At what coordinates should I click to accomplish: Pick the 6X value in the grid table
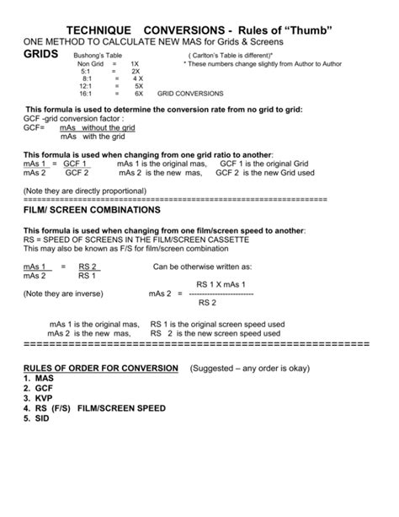[139, 93]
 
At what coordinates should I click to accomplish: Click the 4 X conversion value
[137, 78]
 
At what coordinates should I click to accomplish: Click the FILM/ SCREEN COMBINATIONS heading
[91, 208]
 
